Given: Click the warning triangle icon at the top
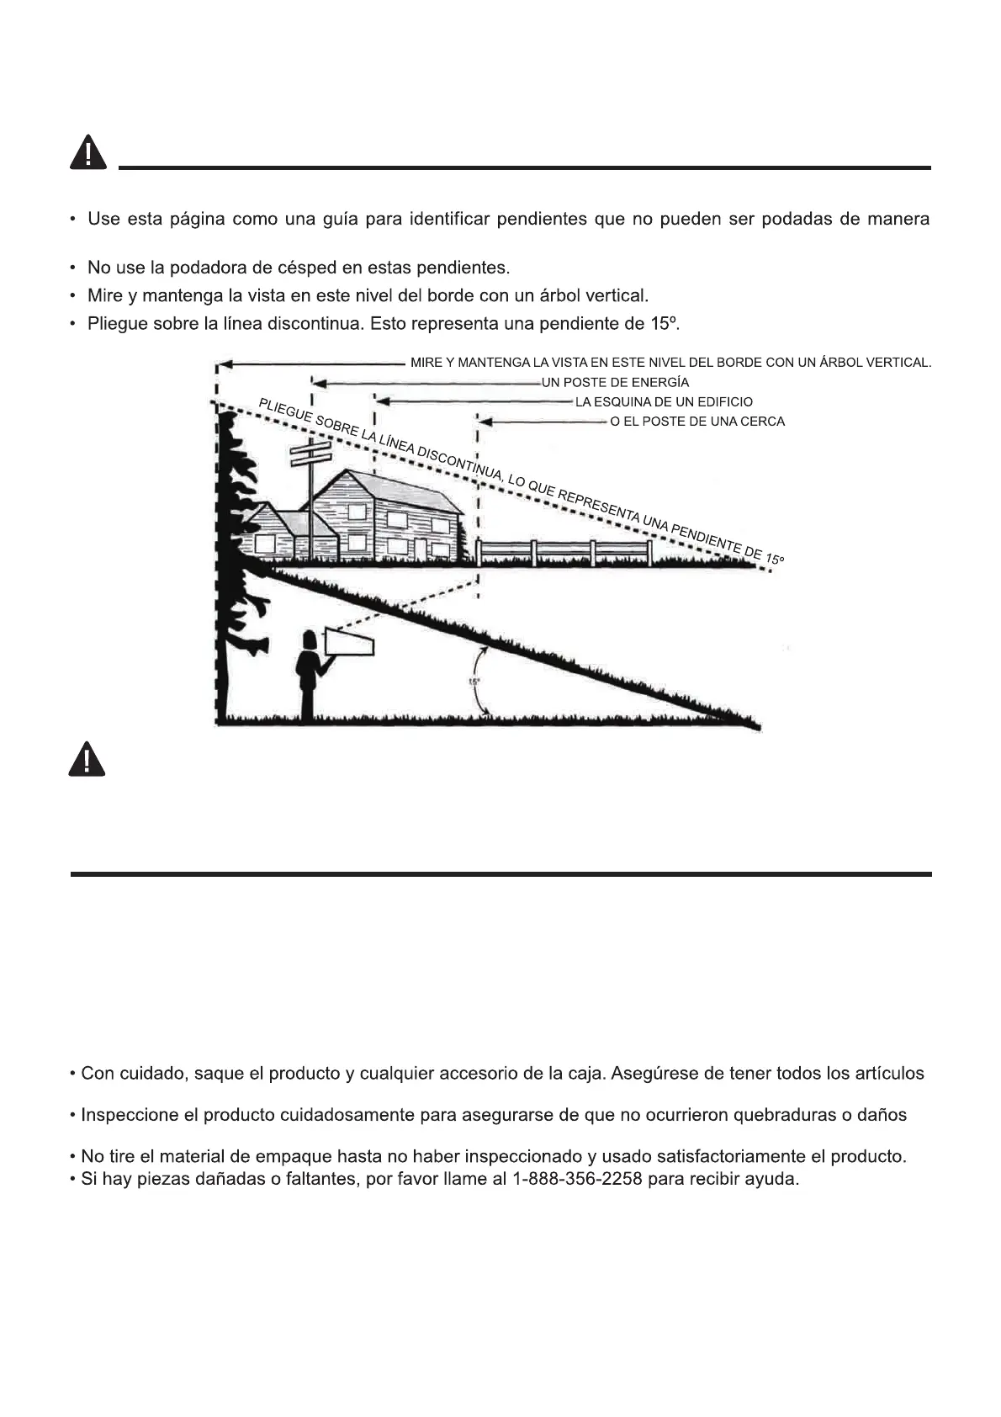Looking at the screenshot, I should (x=87, y=153).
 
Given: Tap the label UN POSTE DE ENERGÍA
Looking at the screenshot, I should (x=615, y=382).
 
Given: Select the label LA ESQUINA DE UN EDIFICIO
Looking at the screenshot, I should (x=664, y=401).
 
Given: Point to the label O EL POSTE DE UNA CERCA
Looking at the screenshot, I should (x=697, y=421).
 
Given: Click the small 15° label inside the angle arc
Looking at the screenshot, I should (x=474, y=682).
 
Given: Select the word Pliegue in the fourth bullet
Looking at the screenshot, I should (x=117, y=323).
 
